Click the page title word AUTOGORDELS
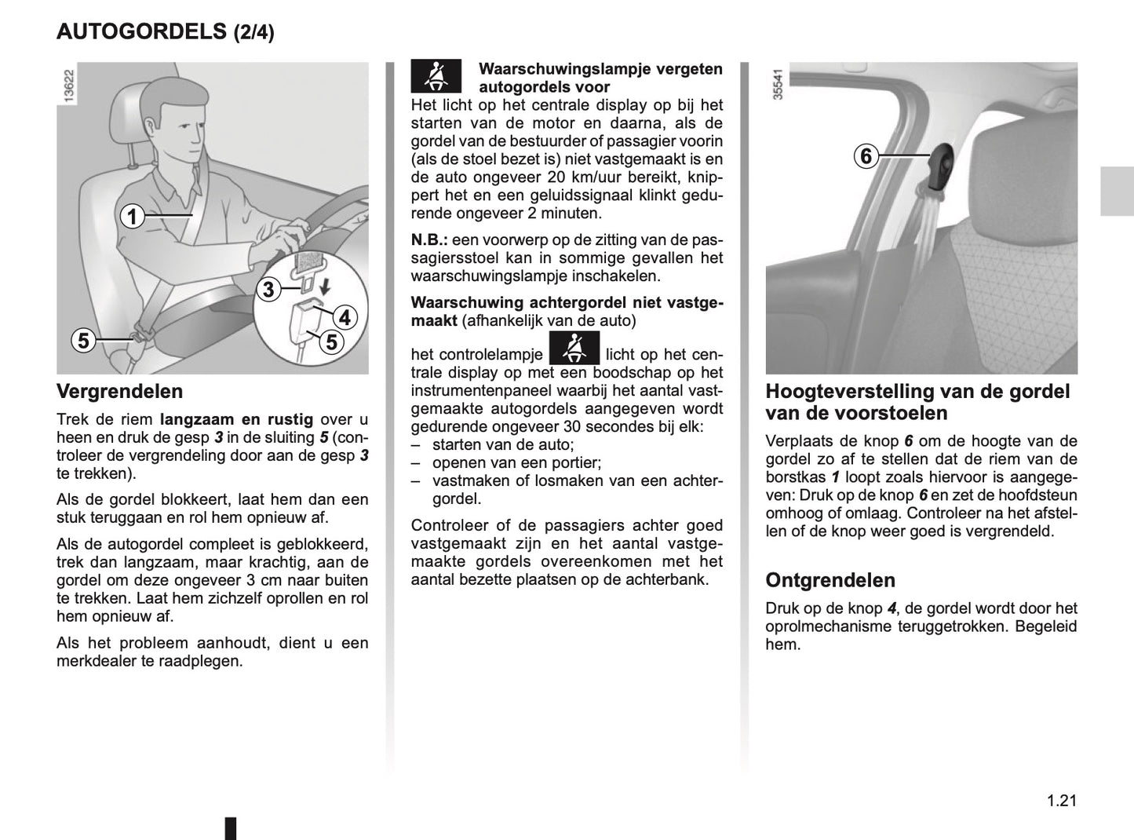141,31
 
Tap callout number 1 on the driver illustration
133,215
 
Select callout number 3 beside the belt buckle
268,290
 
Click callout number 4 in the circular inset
344,318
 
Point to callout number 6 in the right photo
866,156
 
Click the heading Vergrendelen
119,391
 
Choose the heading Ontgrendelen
830,580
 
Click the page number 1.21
1061,801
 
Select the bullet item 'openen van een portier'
516,463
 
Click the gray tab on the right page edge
1116,191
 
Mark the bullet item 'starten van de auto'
503,445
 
